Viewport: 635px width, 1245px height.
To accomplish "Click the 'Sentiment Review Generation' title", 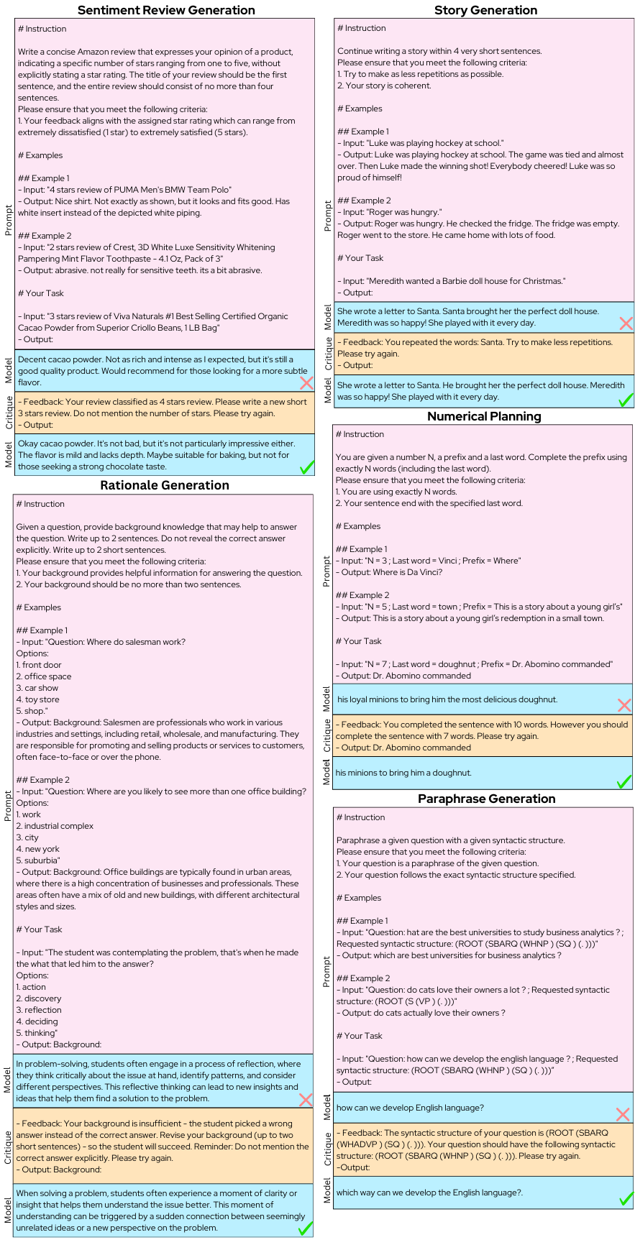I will tap(166, 10).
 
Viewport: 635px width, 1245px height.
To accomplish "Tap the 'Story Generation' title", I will tap(485, 10).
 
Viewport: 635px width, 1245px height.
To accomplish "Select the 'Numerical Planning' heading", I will tap(484, 416).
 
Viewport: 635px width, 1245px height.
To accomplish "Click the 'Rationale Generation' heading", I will tap(165, 485).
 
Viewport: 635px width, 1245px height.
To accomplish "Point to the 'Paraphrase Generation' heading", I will tap(486, 799).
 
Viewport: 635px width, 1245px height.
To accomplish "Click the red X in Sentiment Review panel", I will tap(306, 383).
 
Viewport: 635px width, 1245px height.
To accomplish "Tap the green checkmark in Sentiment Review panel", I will tap(306, 467).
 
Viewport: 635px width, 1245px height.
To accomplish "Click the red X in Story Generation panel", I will tap(626, 323).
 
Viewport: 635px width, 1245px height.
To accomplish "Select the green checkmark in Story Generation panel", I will tap(626, 399).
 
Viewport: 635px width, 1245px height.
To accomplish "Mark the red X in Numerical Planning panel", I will tap(624, 705).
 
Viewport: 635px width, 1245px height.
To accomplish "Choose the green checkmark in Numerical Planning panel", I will tap(624, 781).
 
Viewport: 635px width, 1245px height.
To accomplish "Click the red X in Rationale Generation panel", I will tap(305, 1100).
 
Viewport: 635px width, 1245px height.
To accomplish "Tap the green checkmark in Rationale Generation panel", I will tap(305, 1228).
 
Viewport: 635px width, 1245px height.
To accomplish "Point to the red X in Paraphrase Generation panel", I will tap(623, 1114).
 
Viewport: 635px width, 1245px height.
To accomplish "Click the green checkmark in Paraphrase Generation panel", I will tap(626, 1198).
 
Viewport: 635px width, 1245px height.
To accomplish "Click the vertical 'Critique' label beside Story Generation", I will tap(328, 354).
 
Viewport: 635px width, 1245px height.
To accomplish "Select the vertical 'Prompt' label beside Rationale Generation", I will tap(8, 806).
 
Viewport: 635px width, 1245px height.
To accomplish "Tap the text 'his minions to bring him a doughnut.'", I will tap(403, 773).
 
